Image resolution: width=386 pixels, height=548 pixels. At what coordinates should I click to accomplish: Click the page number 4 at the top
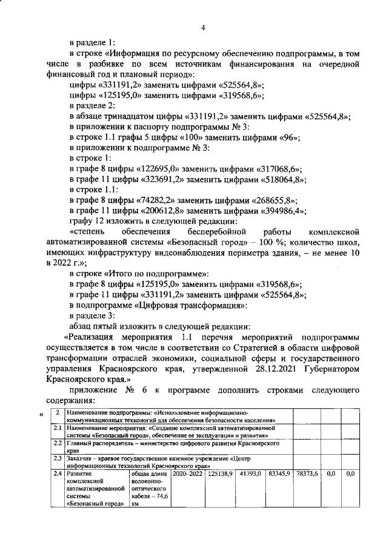(x=204, y=28)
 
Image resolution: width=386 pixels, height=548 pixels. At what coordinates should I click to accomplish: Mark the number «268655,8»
(x=275, y=200)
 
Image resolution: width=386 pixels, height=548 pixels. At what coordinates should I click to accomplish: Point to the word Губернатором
(x=331, y=368)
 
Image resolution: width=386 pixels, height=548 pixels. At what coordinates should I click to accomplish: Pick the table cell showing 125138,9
(x=220, y=474)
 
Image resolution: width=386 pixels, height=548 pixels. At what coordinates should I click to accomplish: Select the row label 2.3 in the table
(x=56, y=458)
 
